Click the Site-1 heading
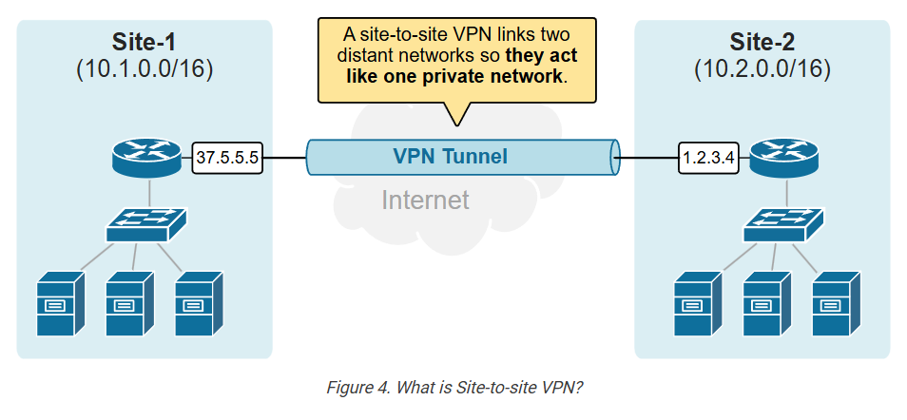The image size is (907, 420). pyautogui.click(x=144, y=42)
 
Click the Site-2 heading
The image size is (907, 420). pyautogui.click(x=762, y=42)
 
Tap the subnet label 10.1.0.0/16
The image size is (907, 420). pyautogui.click(x=144, y=69)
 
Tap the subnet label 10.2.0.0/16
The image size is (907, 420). pyautogui.click(x=762, y=69)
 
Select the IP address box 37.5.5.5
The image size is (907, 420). pyautogui.click(x=227, y=158)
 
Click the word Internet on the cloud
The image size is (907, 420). pyautogui.click(x=425, y=200)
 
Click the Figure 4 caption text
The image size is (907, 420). pyautogui.click(x=453, y=388)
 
